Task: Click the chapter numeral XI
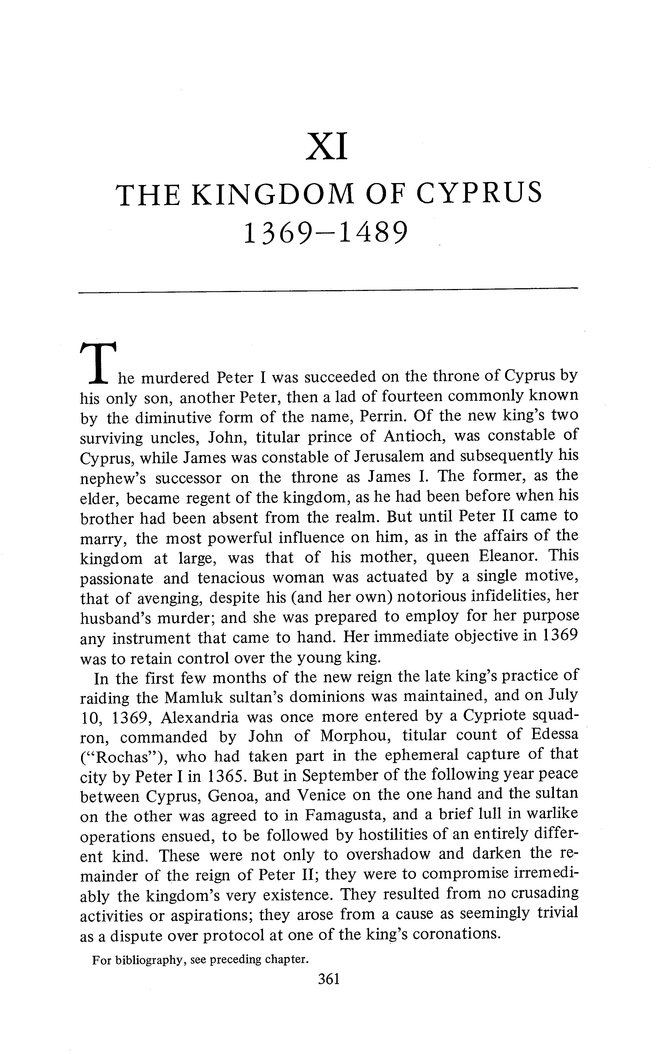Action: (327, 148)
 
